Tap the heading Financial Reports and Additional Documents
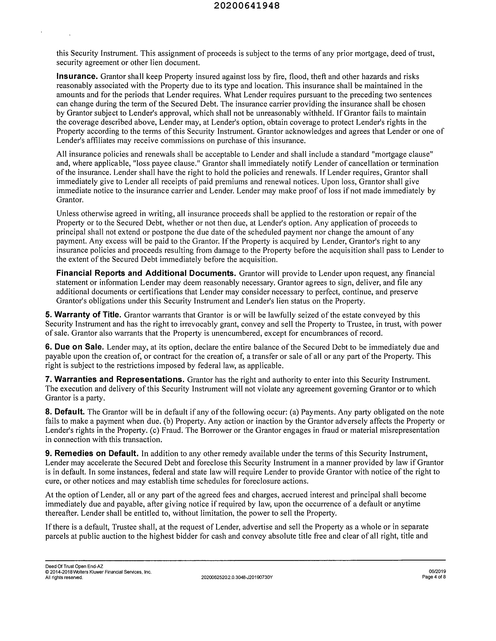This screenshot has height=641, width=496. pos(146,273)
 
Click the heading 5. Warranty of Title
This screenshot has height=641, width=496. pos(84,315)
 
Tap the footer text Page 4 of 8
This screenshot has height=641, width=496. pos(434,577)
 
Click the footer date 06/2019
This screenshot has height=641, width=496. pos(437,572)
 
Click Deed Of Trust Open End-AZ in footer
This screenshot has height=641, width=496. pos(74,566)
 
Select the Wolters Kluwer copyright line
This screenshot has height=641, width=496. pos(98,572)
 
